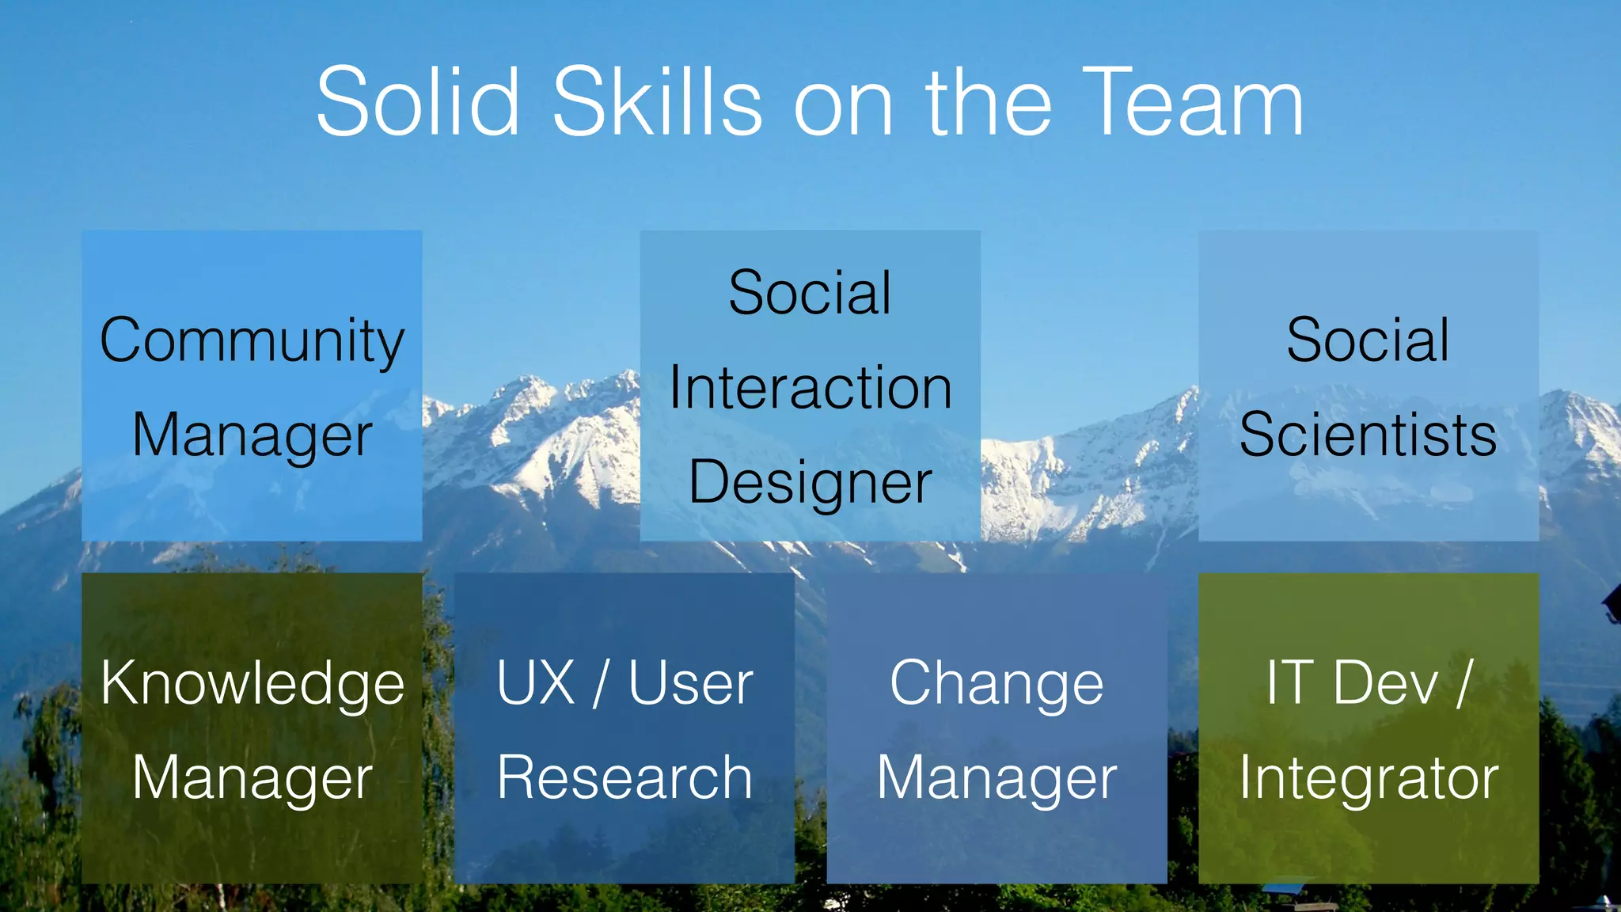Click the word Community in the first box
point(252,340)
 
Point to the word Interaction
point(810,388)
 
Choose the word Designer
point(810,482)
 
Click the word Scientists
point(1368,435)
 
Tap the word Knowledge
point(252,684)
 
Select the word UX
point(536,682)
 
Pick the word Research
point(624,777)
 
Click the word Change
point(997,684)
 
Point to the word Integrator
point(1369,779)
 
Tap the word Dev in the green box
point(1385,682)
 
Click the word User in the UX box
point(690,682)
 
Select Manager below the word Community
point(252,436)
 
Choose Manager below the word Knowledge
point(252,779)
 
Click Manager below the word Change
point(997,779)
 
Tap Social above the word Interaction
point(810,293)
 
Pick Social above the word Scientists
point(1368,340)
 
